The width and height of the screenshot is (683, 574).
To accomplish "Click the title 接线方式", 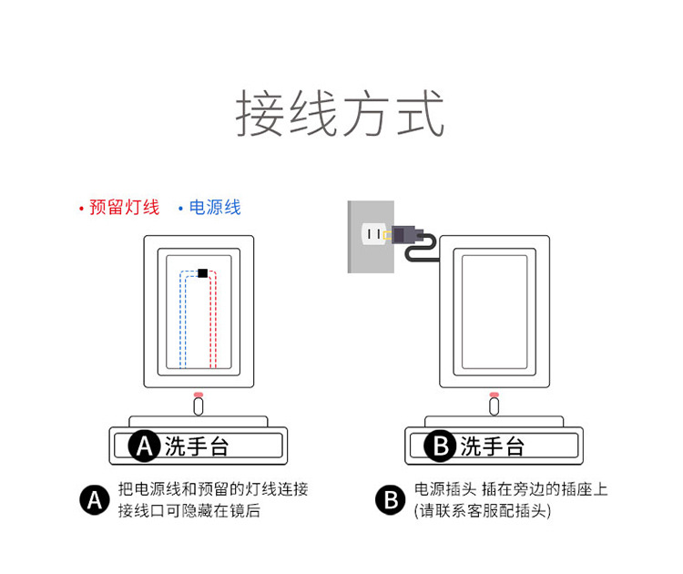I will pos(341,114).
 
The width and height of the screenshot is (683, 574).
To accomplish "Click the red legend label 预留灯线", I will pos(124,208).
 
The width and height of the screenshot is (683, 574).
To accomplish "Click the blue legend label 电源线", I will pos(215,208).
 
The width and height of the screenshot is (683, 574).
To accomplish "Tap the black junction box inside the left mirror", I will pos(202,272).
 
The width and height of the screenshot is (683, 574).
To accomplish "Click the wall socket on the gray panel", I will pos(372,235).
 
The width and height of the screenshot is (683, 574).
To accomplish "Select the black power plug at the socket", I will pos(402,235).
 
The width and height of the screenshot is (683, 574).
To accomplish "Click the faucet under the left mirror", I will pos(198,403).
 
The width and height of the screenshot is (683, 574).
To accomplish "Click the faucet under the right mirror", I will pos(494,403).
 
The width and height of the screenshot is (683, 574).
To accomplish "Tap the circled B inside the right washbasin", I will pos(442,446).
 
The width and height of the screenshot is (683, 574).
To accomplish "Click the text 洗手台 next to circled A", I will pos(197,446).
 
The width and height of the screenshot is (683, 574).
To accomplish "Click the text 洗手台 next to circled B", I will pos(493,446).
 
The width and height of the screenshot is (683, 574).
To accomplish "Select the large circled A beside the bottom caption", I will pos(94,500).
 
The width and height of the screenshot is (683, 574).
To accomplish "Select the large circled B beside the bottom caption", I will pos(390,500).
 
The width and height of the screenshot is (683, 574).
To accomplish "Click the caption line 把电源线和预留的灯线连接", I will pos(213,489).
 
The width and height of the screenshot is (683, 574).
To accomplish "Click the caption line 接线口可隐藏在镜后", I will pos(189,511).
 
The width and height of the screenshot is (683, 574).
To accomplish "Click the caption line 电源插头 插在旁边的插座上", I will pos(510,489).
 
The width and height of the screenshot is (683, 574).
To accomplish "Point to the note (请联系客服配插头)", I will pos(483,511).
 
